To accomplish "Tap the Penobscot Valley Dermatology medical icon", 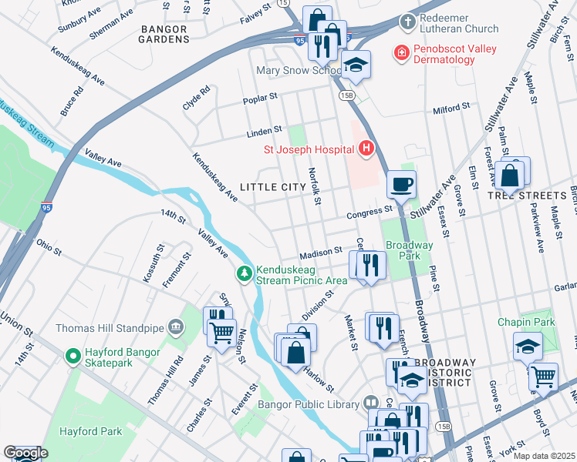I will point(400,53).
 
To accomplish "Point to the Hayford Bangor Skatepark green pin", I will point(73,357).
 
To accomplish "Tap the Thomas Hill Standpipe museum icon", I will point(176,328).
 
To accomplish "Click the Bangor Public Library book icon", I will point(371,403).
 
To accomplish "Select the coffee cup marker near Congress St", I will point(401,186).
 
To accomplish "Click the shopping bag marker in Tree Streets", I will point(510,176).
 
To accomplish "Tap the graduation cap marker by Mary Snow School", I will point(355,65).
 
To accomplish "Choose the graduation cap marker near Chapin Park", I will point(528,346).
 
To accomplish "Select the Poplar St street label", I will point(260,99).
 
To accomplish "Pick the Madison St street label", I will point(322,252).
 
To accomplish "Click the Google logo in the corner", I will point(25,453).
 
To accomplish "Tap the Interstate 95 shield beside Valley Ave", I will point(46,207).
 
